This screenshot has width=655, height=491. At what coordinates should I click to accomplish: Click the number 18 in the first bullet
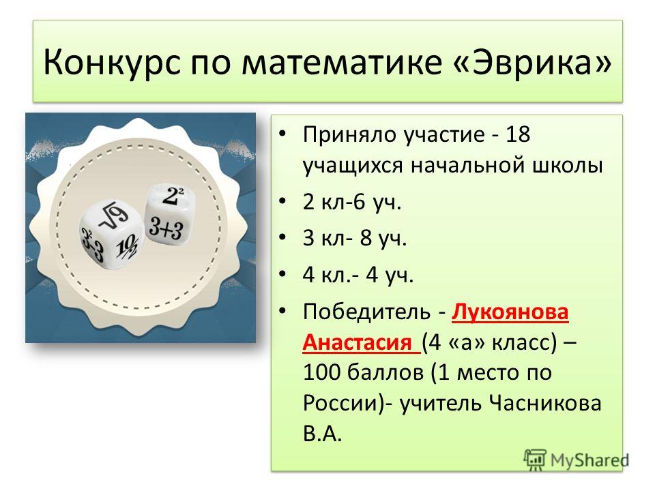518,134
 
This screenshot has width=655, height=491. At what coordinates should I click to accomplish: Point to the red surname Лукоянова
510,312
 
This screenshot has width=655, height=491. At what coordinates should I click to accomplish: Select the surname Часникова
544,403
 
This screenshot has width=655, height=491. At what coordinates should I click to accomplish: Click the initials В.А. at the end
323,434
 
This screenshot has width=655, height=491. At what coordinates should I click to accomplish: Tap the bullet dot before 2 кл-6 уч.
282,201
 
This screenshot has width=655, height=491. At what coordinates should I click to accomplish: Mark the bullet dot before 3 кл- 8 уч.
282,237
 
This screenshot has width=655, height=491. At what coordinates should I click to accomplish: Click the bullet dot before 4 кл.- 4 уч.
282,274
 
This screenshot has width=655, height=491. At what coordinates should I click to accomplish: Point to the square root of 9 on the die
114,216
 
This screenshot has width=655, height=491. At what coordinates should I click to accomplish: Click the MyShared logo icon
535,460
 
